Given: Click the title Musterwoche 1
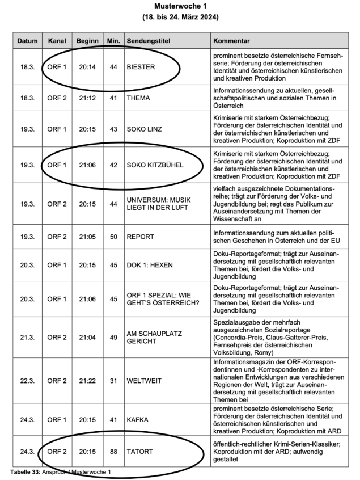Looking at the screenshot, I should (x=180, y=6).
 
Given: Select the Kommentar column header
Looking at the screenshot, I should (x=232, y=41).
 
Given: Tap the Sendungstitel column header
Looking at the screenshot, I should (x=148, y=41).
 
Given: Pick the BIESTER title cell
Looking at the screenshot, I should (x=141, y=67).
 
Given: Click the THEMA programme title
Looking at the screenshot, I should (x=138, y=98).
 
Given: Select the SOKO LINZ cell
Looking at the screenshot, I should (x=145, y=129).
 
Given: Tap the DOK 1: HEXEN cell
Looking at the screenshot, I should (x=150, y=264).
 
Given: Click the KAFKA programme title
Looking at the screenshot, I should (x=137, y=420).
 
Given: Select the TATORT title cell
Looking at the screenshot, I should (x=139, y=451).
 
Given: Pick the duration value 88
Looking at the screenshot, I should (x=113, y=451).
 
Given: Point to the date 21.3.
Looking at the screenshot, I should (x=27, y=336).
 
